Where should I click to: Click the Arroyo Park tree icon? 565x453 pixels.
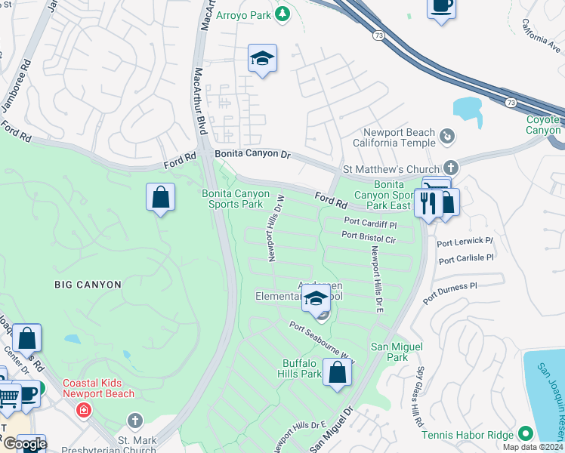(x=282, y=14)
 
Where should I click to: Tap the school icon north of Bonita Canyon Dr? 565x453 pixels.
(x=262, y=58)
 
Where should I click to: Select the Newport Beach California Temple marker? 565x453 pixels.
(x=447, y=136)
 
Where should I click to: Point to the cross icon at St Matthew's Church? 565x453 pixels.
(x=451, y=167)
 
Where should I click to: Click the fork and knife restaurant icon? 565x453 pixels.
(x=428, y=202)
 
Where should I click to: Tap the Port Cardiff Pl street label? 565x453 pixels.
(x=370, y=223)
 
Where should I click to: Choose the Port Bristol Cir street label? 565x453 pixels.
(x=369, y=237)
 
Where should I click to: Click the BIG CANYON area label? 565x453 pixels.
(x=88, y=285)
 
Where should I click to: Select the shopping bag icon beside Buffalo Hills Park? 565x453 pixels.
(x=338, y=372)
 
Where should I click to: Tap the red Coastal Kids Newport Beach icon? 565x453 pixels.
(x=84, y=410)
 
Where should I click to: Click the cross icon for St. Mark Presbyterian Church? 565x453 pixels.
(x=134, y=420)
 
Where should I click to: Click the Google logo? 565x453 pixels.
(x=24, y=444)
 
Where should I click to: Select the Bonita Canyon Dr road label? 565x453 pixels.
(x=252, y=154)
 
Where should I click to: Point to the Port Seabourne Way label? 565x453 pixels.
(x=321, y=341)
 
